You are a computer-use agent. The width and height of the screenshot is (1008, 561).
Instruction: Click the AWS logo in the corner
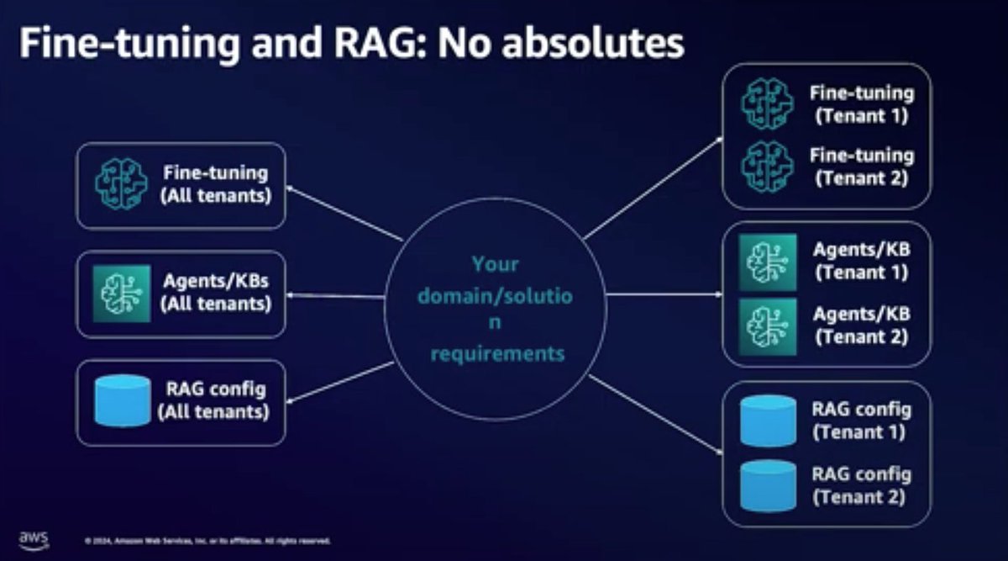tap(34, 539)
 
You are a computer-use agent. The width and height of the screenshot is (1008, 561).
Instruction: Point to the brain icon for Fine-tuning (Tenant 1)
tap(767, 103)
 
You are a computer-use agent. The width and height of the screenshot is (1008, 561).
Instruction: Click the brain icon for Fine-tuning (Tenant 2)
tap(767, 166)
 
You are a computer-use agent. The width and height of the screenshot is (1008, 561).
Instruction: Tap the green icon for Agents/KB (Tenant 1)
tap(768, 262)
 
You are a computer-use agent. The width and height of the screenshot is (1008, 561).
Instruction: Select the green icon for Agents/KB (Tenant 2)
tap(768, 325)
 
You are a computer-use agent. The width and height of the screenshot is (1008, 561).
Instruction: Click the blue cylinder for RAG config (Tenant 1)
tap(768, 421)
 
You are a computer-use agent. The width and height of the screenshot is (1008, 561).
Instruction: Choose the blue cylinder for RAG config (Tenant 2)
tap(768, 485)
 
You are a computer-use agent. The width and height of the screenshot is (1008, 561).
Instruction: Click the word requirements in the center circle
tap(497, 353)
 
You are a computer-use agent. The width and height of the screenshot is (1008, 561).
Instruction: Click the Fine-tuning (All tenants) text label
tap(216, 185)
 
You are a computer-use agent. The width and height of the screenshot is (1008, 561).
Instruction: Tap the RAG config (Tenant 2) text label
tap(861, 485)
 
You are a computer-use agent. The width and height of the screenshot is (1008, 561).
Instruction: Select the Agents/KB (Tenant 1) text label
tap(861, 262)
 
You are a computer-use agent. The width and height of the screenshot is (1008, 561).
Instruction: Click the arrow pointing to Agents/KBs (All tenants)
tap(336, 295)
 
